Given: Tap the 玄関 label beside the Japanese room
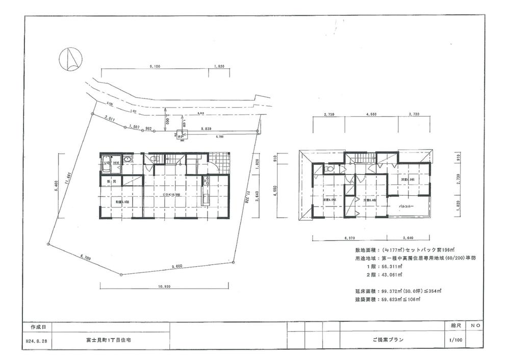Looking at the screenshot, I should coord(111,182).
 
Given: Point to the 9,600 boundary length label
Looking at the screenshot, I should coord(177,266).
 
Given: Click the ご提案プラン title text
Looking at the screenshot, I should coord(390,339).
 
